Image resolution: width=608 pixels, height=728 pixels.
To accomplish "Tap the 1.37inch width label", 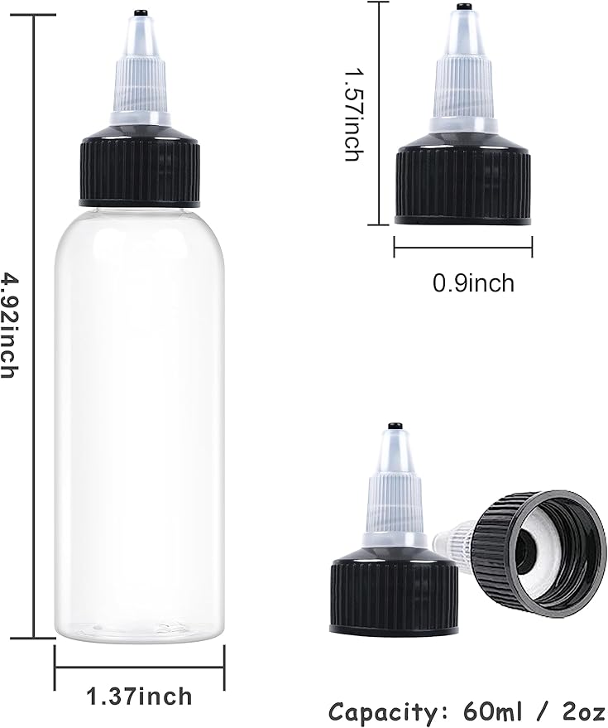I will point(140,696).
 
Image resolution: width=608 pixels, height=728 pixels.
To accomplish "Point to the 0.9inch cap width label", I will point(473,283).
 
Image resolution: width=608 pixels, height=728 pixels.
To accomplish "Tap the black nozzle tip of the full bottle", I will point(140,12).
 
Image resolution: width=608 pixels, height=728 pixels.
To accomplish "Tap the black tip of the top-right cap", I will point(462,8).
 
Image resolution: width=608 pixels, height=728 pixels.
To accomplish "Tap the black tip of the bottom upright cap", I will point(395,427).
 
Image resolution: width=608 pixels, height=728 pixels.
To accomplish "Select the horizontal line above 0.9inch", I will point(462,246).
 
